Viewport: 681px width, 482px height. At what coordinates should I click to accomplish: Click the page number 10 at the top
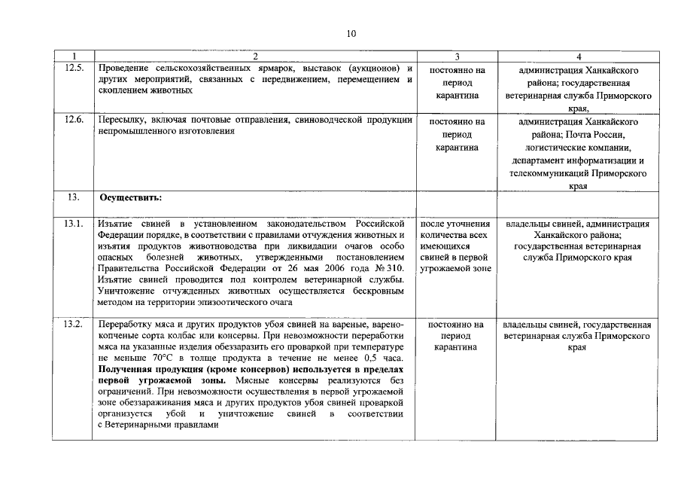(x=351, y=33)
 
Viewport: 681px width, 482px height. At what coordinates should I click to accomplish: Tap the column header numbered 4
(x=578, y=56)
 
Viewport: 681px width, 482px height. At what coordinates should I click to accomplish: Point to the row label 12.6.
(x=73, y=120)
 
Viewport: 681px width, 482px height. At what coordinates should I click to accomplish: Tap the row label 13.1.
(x=73, y=224)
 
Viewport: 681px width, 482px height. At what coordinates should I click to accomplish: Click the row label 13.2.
(x=73, y=324)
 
